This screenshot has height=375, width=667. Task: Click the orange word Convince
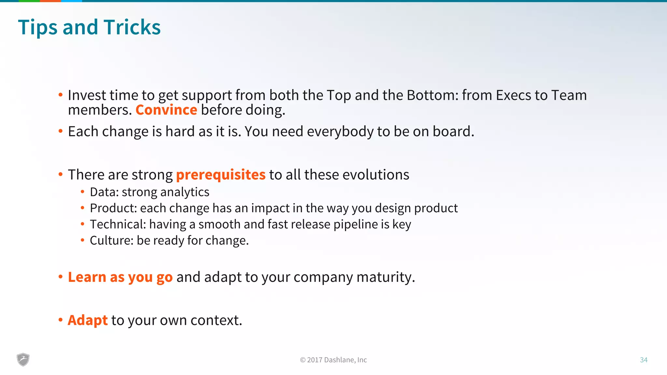click(x=166, y=110)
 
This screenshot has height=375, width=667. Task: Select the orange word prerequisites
click(x=220, y=175)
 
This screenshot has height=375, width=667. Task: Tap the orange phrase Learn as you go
click(x=120, y=277)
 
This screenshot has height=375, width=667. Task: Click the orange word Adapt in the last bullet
click(x=87, y=320)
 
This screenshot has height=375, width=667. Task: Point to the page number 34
click(x=644, y=360)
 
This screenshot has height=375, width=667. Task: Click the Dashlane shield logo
click(x=23, y=359)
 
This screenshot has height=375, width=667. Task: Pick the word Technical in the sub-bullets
click(x=118, y=224)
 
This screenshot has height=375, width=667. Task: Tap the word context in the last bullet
click(x=216, y=320)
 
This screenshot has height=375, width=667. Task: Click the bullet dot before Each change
click(x=60, y=131)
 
